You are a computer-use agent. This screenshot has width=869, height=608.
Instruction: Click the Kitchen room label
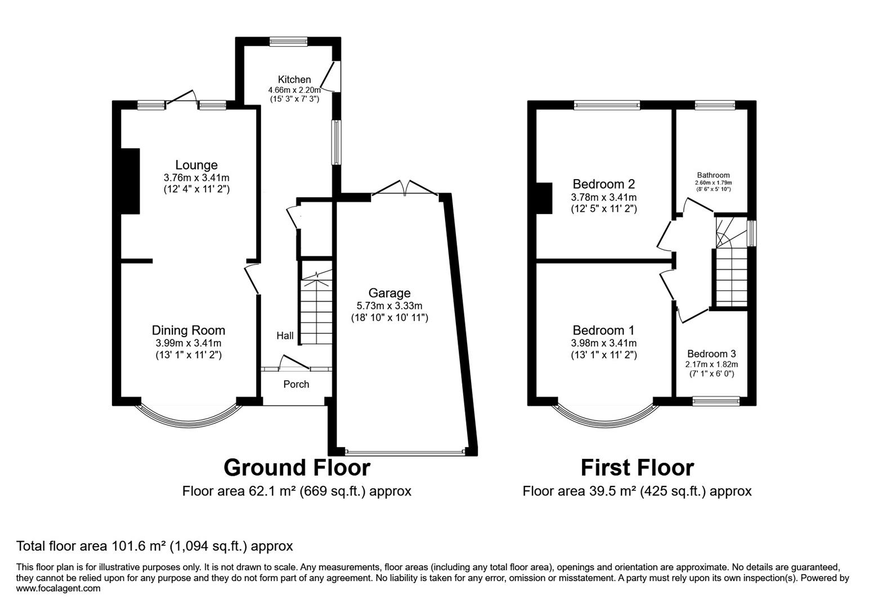pos(294,79)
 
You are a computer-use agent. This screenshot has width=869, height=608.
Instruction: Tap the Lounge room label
pos(196,165)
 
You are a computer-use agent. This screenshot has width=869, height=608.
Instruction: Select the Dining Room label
pos(188,330)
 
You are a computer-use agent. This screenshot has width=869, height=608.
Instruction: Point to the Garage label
pos(389,293)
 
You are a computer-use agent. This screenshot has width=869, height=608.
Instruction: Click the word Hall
pos(285,336)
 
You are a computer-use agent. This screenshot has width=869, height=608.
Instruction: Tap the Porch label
pos(296,385)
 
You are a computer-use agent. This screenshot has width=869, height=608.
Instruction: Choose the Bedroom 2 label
pos(603,184)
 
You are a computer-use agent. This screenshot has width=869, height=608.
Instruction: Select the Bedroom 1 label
pos(603,330)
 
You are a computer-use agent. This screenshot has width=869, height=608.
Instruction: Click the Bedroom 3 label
pos(711,354)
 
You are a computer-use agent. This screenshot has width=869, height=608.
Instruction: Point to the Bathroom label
pos(713,175)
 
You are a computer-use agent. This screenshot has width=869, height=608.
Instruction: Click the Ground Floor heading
pos(297,468)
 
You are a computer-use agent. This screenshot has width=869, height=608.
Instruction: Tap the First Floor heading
pos(637,468)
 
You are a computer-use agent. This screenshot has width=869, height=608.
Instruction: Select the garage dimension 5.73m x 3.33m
pos(389,306)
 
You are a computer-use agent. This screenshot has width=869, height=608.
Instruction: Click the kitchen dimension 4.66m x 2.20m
pos(294,90)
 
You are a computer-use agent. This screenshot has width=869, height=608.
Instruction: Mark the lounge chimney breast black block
pos(130,181)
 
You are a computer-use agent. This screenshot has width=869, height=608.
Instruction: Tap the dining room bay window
pos(188,419)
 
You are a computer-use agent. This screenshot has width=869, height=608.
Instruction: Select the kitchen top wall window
pos(288,41)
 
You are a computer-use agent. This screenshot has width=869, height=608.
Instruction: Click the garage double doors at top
pos(405,189)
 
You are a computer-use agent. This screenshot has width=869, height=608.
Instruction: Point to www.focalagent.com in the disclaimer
pos(59,589)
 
